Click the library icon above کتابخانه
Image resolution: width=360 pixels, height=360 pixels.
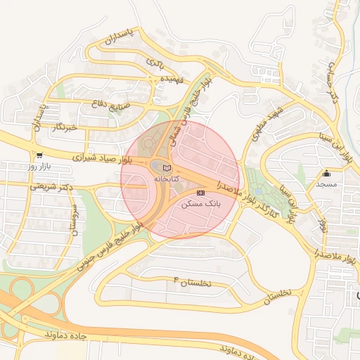[x=166, y=167]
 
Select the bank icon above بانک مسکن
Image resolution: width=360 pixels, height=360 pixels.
[x=201, y=192]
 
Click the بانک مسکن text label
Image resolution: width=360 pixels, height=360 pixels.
[x=201, y=203]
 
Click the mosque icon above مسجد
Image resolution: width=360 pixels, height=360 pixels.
[x=326, y=173]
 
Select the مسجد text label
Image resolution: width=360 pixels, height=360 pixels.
[x=326, y=184]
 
